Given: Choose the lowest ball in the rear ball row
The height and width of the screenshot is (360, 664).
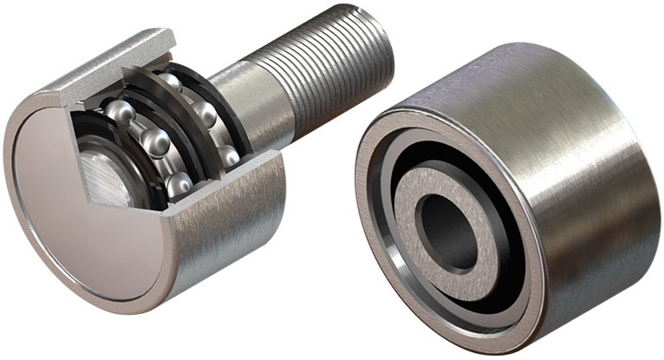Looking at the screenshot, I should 228,156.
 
